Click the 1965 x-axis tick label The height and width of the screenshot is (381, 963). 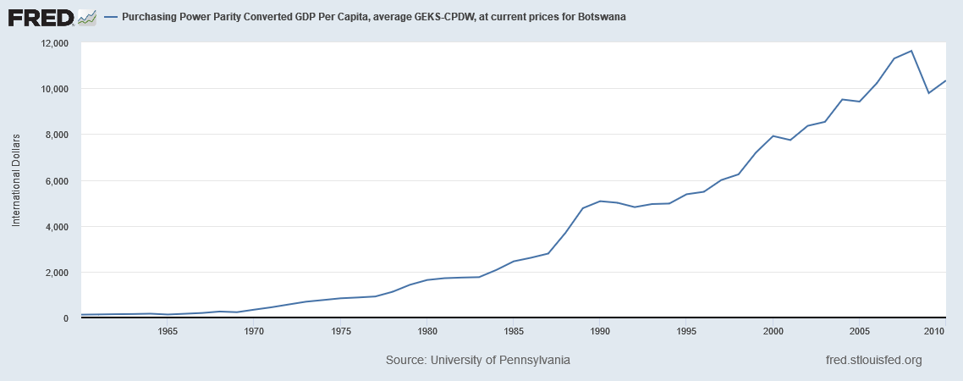(168, 331)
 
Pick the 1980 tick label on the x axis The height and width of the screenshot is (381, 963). (427, 331)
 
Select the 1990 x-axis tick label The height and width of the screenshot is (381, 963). (600, 331)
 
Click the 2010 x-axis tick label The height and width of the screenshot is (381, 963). (934, 331)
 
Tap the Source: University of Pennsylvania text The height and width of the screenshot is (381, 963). (477, 360)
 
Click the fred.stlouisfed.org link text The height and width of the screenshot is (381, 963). (872, 360)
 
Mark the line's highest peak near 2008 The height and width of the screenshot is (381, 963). (911, 51)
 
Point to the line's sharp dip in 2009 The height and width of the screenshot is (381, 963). (929, 92)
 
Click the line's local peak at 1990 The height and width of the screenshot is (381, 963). (600, 201)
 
